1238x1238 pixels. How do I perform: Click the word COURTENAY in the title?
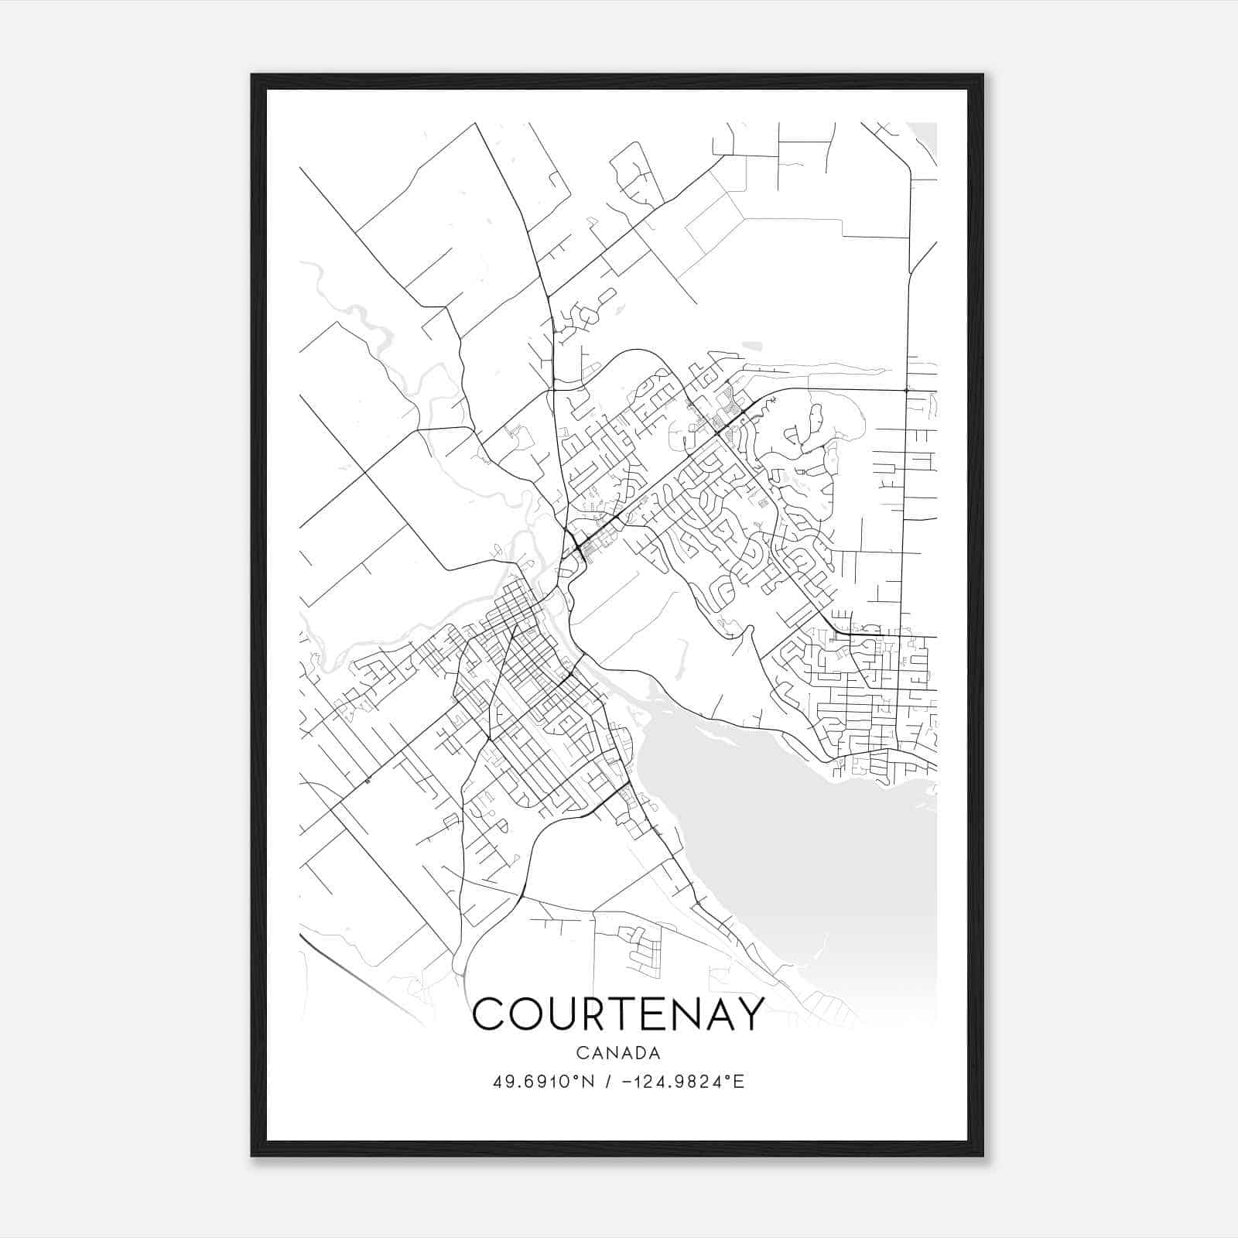coord(618,1014)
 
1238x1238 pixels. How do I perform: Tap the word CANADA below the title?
coord(618,1053)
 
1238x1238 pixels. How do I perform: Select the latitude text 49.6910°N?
coord(544,1082)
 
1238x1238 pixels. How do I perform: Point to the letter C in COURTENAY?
coord(490,1014)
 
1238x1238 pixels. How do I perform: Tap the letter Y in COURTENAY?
coord(747,1014)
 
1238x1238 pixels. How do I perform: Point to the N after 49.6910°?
coord(589,1082)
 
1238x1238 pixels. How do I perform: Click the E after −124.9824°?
coord(739,1082)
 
